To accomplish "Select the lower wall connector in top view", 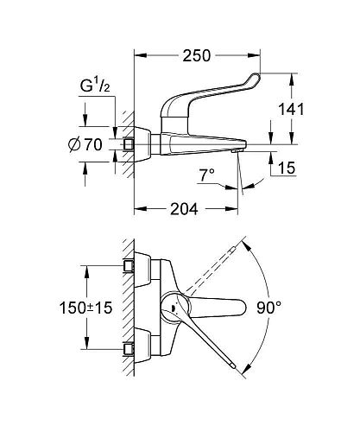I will coord(131,350).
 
